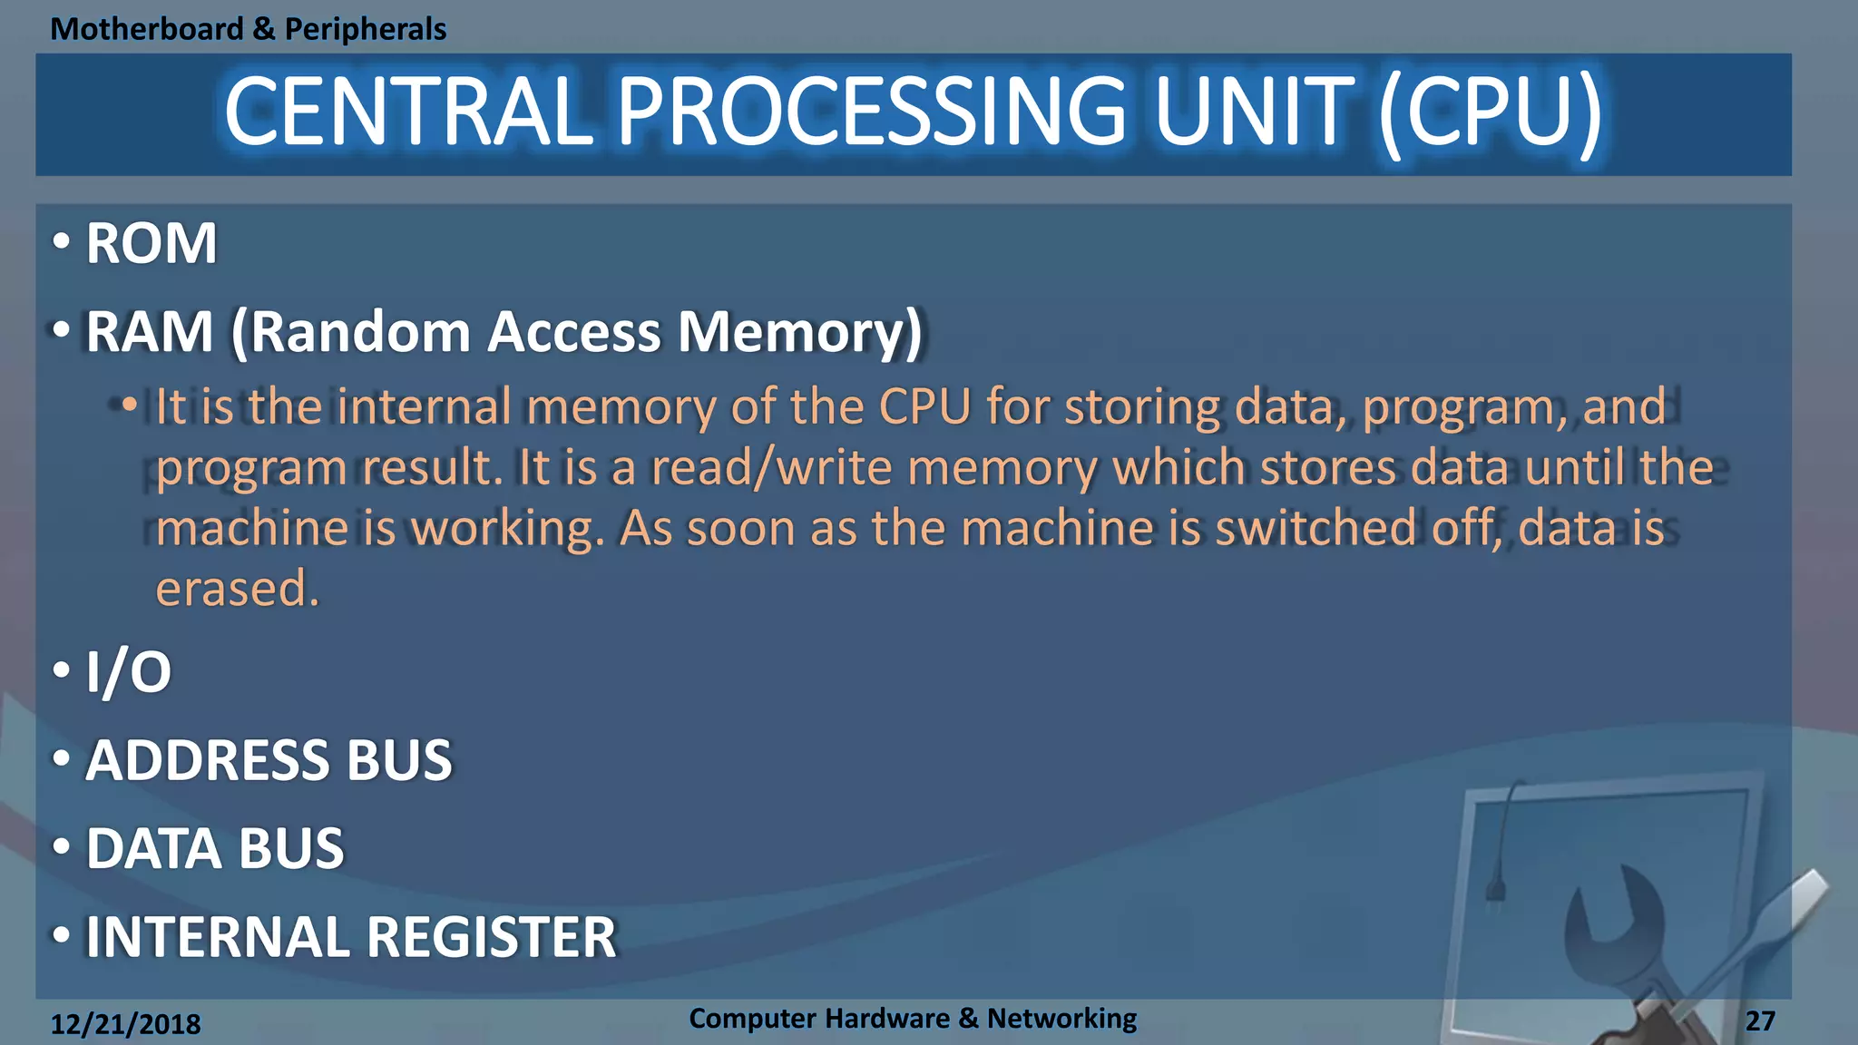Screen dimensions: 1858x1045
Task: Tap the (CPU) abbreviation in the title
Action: (x=1490, y=112)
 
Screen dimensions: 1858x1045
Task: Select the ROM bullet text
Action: (x=151, y=243)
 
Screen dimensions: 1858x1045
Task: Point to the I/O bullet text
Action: (x=128, y=672)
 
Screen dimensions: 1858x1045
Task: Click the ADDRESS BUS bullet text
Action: (x=269, y=760)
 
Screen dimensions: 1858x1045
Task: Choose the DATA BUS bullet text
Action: (x=215, y=848)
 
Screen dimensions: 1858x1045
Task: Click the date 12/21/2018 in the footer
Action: (x=125, y=1024)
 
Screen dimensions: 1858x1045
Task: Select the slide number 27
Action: (x=1759, y=1021)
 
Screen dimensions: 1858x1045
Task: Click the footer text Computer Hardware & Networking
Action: (x=912, y=1018)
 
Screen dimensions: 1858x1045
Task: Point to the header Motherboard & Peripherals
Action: (x=248, y=29)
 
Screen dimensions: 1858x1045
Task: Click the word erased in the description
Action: (x=233, y=589)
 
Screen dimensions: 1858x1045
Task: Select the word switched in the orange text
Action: (x=1315, y=528)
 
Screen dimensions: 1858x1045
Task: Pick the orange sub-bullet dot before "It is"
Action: (x=130, y=404)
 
